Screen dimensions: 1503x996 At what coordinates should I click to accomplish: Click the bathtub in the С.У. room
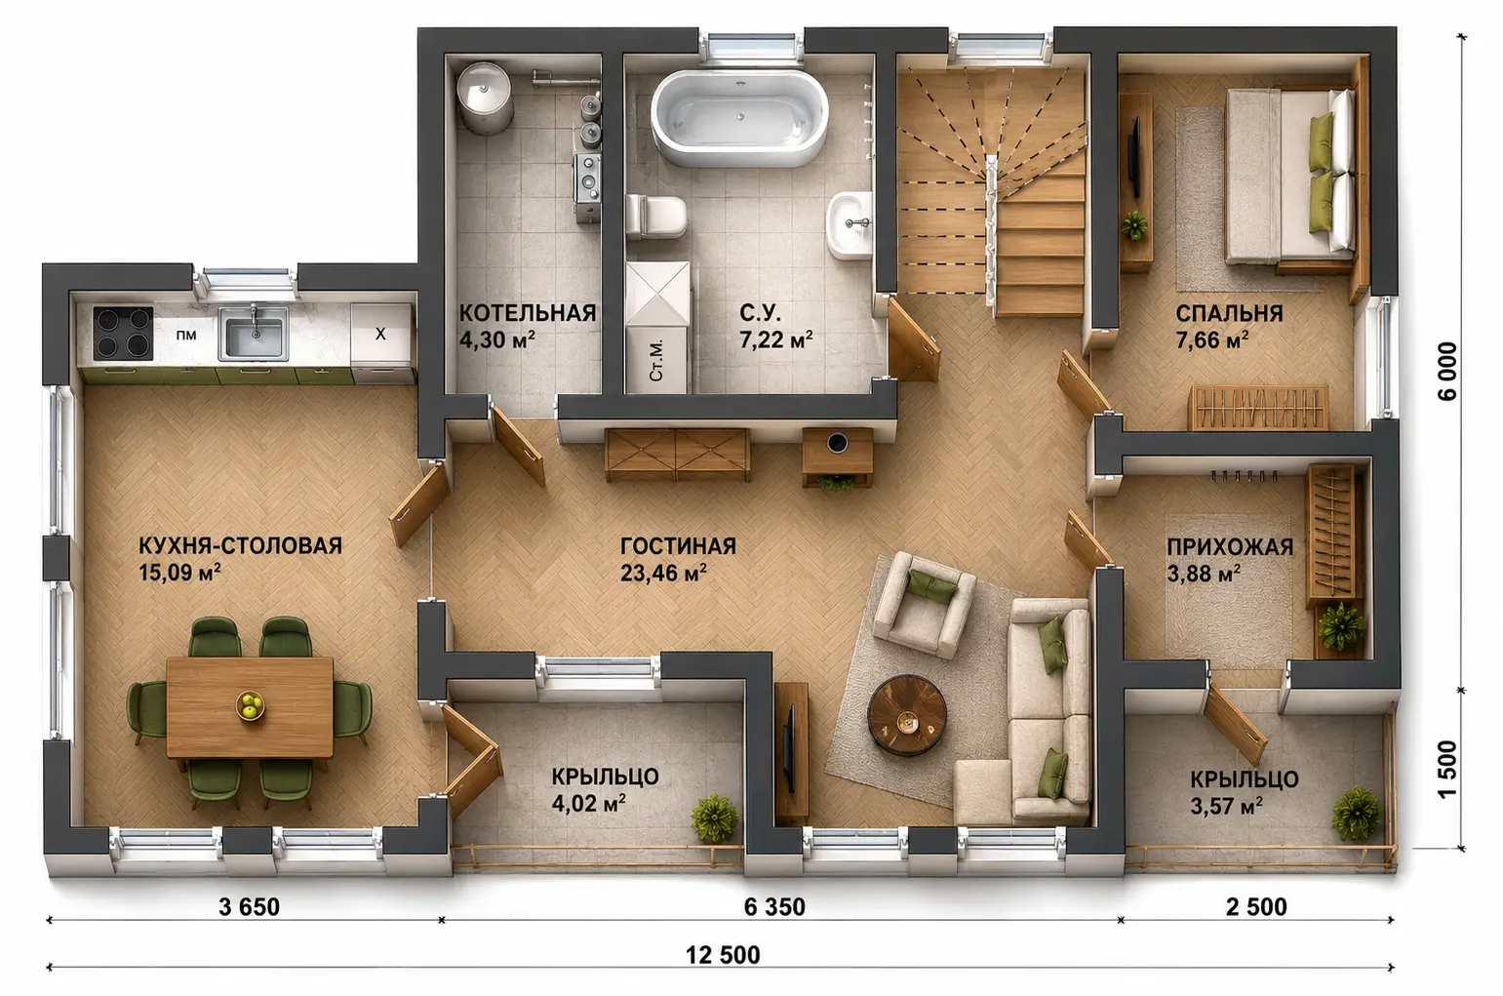[x=739, y=119]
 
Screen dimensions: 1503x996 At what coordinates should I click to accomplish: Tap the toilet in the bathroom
[x=656, y=217]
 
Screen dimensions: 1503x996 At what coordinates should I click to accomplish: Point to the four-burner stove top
[x=123, y=334]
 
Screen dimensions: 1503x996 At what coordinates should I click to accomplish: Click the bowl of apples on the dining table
[x=251, y=705]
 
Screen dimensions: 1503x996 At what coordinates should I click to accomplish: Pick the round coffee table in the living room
[x=906, y=715]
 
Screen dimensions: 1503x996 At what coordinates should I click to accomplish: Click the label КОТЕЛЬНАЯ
[x=528, y=313]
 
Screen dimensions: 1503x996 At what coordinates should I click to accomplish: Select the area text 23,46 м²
[x=663, y=573]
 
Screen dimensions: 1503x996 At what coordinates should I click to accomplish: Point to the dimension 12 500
[x=723, y=954]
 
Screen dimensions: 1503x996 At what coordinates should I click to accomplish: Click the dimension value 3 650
[x=249, y=906]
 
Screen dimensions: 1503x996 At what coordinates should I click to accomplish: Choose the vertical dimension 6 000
[x=1448, y=371]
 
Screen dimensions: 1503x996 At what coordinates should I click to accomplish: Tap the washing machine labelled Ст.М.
[x=656, y=360]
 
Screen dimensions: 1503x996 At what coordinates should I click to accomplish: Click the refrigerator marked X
[x=380, y=334]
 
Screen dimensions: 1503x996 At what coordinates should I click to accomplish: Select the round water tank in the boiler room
[x=485, y=97]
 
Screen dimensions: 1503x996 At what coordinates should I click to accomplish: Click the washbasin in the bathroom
[x=850, y=224]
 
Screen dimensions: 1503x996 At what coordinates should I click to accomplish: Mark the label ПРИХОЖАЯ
[x=1230, y=547]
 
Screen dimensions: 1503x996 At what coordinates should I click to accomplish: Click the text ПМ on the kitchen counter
[x=186, y=335]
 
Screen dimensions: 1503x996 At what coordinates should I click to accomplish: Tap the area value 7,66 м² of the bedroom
[x=1211, y=339]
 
